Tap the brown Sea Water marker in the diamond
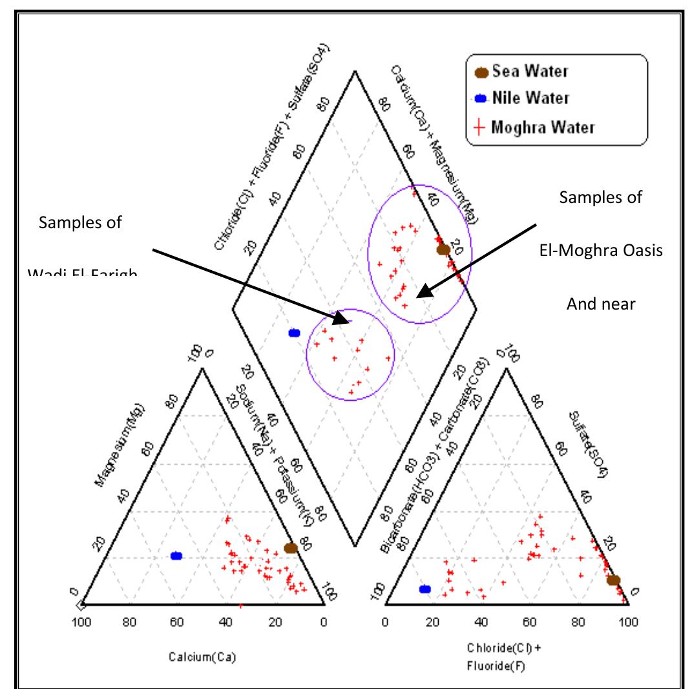tap(443, 249)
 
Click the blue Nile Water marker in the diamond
tap(294, 333)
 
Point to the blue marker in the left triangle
tap(176, 556)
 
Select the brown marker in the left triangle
tap(291, 548)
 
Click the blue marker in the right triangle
tap(425, 589)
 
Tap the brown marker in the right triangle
tap(614, 580)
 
